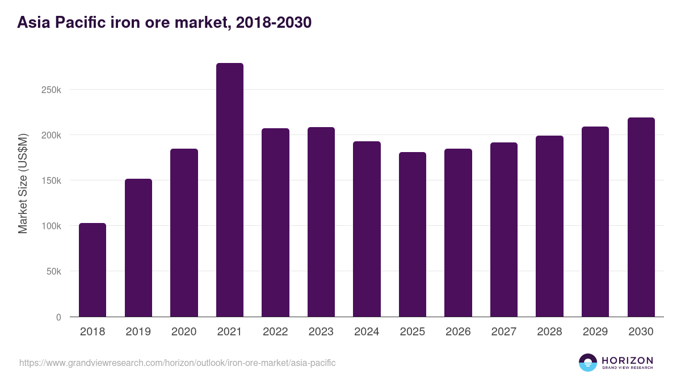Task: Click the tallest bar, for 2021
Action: point(230,190)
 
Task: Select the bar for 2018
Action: point(93,270)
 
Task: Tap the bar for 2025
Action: point(413,234)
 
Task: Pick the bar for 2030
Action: point(641,217)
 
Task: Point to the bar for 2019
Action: point(138,248)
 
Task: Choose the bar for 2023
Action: point(321,222)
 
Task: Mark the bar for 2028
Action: point(549,226)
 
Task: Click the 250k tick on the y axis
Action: point(51,90)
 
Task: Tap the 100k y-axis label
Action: point(51,226)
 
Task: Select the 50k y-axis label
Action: point(53,271)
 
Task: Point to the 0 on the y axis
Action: point(58,317)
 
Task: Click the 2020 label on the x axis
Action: point(184,332)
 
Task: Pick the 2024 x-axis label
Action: point(367,332)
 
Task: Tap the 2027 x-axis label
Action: point(504,332)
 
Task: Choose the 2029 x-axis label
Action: point(595,332)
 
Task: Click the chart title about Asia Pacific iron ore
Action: point(165,23)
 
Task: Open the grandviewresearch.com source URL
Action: point(178,363)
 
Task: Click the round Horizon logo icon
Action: point(588,363)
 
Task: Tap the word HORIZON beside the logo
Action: point(627,360)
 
